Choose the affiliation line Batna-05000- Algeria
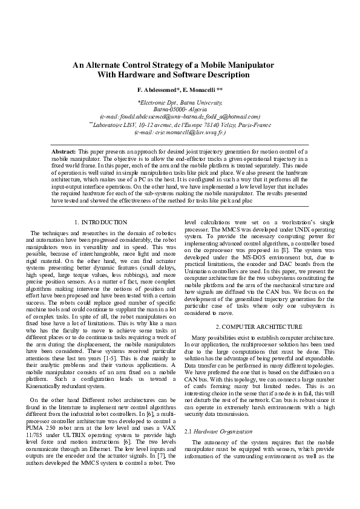click(x=180, y=110)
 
